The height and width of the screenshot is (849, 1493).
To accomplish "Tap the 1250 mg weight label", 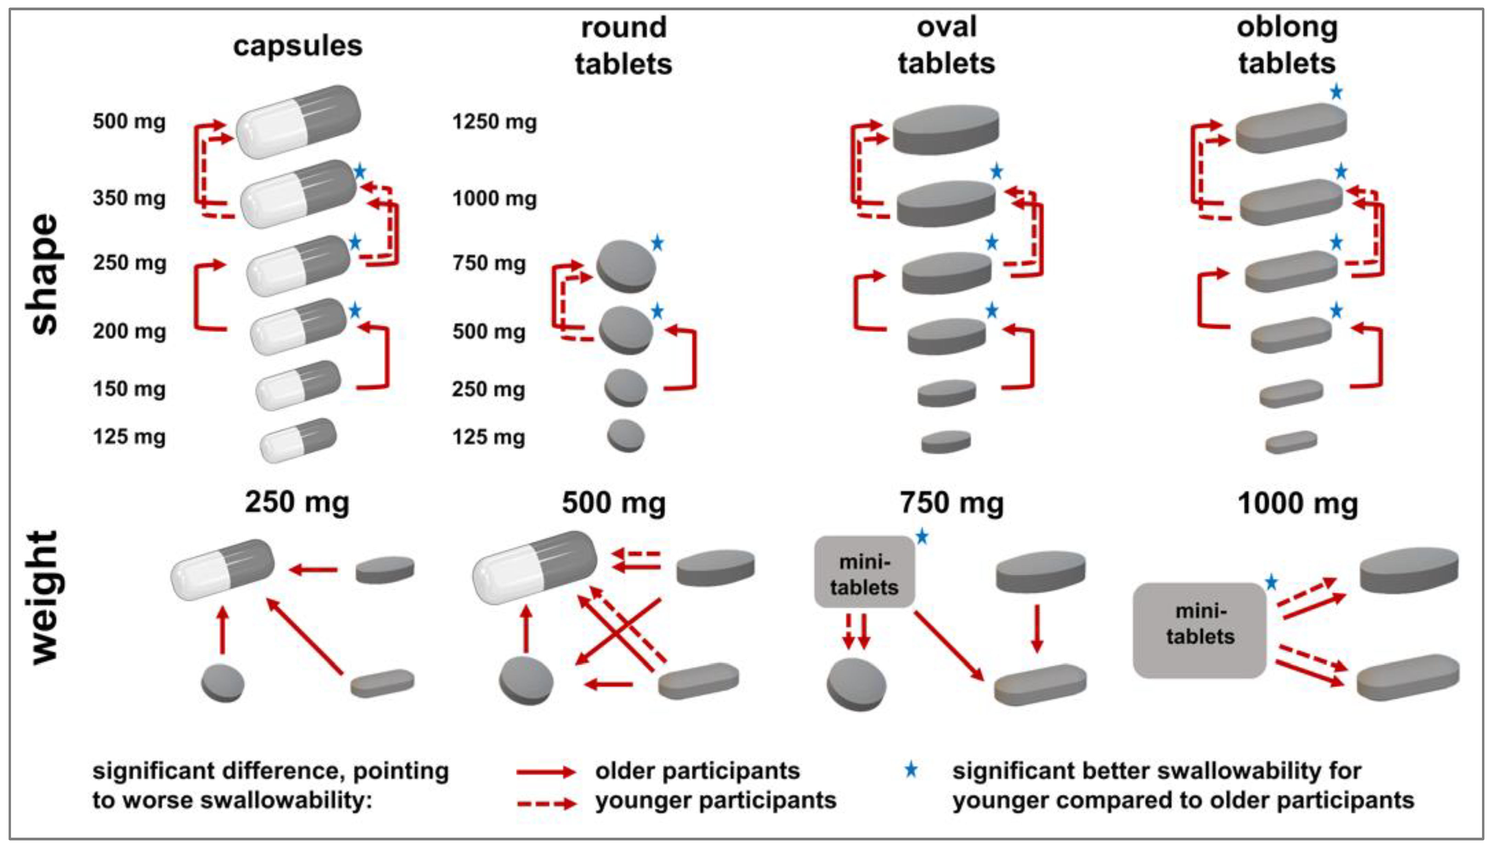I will [x=494, y=122].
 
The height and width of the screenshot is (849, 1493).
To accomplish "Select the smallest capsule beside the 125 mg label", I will [x=298, y=440].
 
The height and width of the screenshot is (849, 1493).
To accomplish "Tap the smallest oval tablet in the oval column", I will [x=946, y=442].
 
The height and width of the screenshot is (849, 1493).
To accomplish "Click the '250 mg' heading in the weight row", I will [x=297, y=503].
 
